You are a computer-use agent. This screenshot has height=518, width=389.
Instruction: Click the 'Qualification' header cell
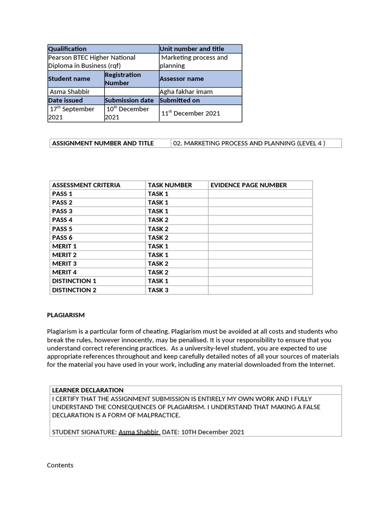(67, 49)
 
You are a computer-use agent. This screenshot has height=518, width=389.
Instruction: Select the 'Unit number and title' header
(191, 49)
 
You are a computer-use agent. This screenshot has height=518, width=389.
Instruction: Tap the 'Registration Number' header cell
(123, 79)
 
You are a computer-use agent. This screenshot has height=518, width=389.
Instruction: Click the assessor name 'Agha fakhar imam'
(186, 92)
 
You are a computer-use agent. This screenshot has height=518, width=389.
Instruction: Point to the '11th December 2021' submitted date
(190, 113)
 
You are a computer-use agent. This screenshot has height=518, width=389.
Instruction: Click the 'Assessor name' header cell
(182, 79)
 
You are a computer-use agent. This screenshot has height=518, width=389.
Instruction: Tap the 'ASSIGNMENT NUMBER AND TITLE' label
(102, 143)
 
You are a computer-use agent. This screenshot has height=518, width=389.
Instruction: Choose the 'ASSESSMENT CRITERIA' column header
(86, 185)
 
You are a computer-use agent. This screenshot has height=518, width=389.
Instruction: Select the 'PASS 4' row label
(62, 220)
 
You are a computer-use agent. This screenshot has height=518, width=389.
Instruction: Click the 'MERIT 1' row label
(64, 246)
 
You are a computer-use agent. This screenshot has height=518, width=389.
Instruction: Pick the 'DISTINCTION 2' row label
(74, 290)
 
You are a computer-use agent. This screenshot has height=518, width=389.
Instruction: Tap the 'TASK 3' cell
(158, 290)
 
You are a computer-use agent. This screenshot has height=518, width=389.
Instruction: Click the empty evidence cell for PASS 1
(260, 194)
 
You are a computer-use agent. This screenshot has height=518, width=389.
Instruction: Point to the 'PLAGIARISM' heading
(66, 315)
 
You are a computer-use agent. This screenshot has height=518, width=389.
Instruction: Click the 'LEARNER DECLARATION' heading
(88, 390)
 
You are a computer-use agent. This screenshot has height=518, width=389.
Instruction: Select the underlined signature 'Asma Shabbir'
(139, 432)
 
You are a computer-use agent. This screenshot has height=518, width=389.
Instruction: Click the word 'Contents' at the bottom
(60, 465)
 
